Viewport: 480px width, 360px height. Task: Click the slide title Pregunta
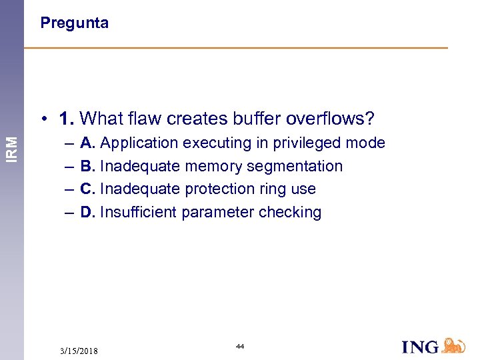coord(74,23)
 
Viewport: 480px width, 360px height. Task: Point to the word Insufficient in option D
coord(131,213)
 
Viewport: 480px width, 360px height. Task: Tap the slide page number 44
coord(240,347)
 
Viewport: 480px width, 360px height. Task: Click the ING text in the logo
coord(421,347)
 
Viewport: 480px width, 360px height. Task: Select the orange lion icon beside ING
coord(453,345)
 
